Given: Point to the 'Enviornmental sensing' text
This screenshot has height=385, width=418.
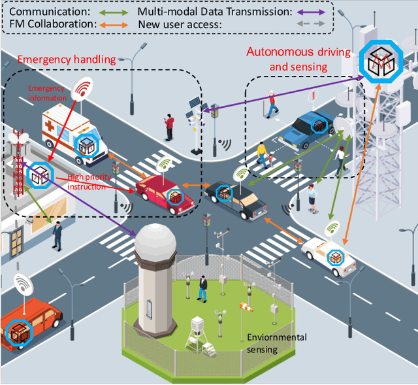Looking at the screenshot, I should tap(276, 343).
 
